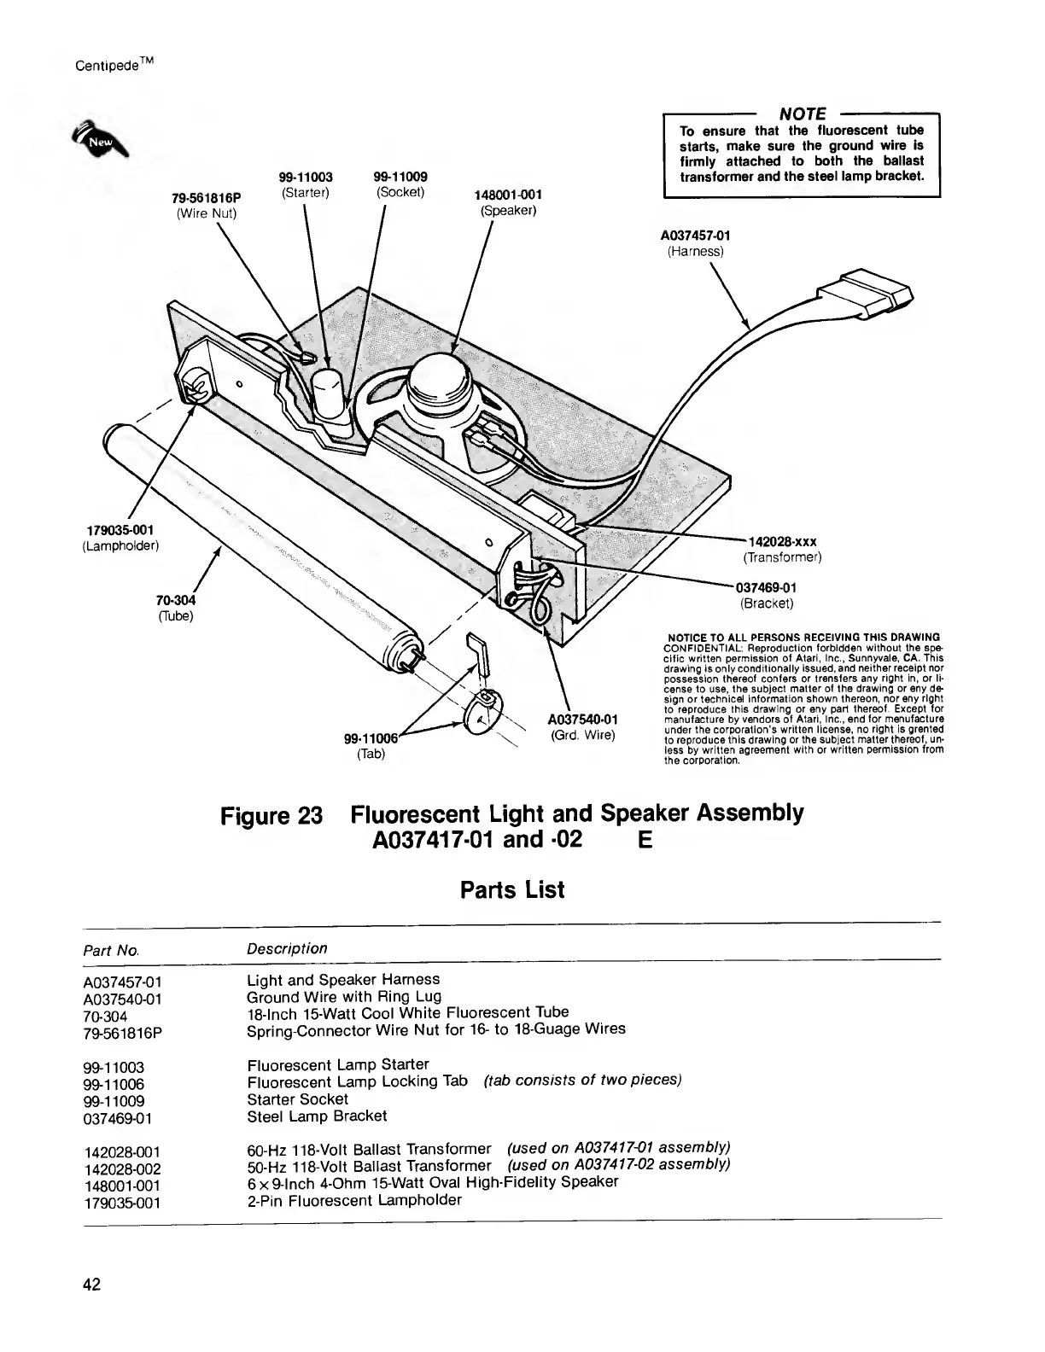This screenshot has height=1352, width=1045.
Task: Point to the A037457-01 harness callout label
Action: point(695,236)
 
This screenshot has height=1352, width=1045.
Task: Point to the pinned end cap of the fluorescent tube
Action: point(411,656)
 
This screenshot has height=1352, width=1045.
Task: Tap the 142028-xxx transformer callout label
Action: point(782,542)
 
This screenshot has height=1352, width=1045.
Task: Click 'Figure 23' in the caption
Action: point(271,814)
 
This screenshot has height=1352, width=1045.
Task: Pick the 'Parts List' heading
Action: point(512,890)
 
